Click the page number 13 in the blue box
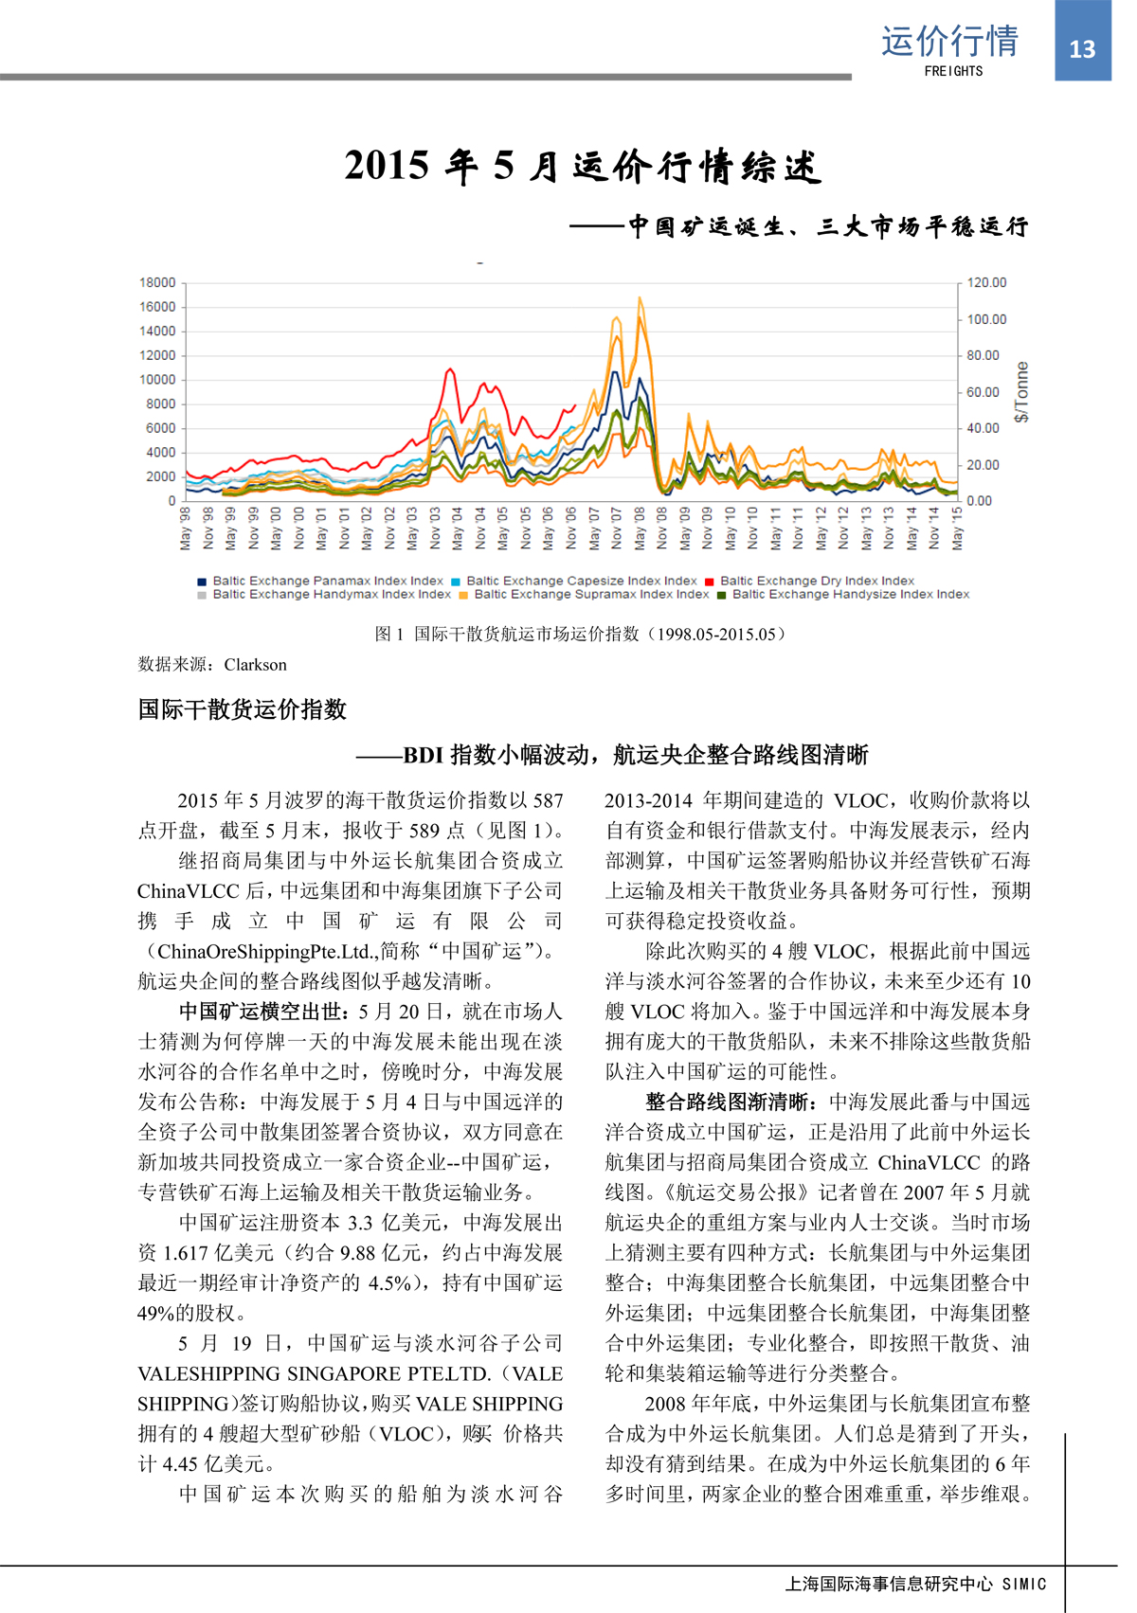[x=1082, y=49]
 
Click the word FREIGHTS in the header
[x=953, y=71]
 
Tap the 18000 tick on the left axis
[x=157, y=282]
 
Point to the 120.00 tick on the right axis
[x=986, y=282]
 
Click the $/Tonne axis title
[x=1020, y=391]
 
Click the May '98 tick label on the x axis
[x=186, y=528]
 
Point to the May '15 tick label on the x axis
[x=957, y=528]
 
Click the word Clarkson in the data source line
[x=255, y=665]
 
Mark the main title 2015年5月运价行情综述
[x=582, y=166]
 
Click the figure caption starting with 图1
[x=581, y=634]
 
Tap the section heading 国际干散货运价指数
[x=243, y=709]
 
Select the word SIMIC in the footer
[x=1024, y=1584]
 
